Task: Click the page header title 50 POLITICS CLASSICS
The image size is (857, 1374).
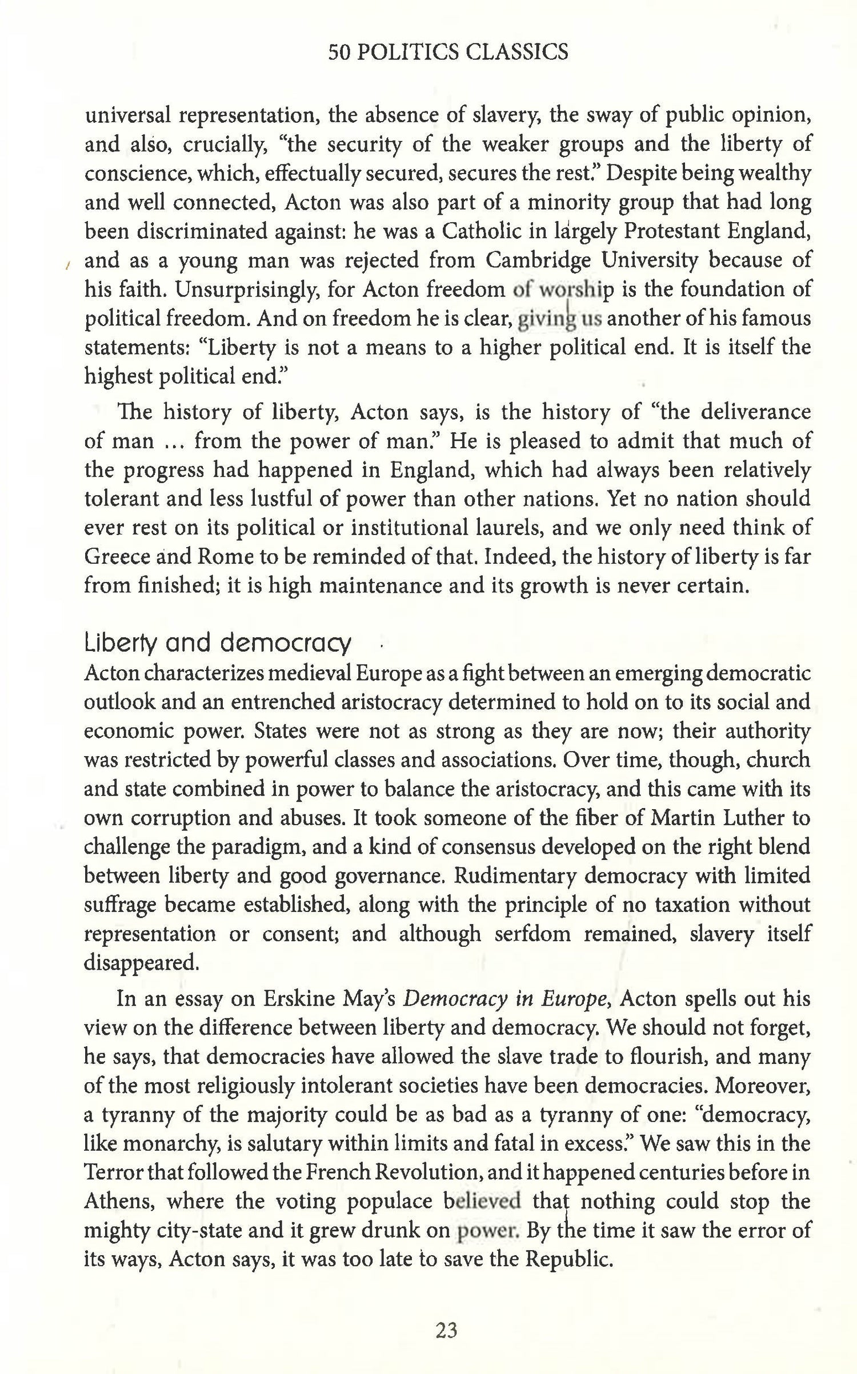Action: [x=448, y=53]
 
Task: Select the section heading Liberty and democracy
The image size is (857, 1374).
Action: [x=217, y=644]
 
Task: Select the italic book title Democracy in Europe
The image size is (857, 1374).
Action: [x=504, y=999]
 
